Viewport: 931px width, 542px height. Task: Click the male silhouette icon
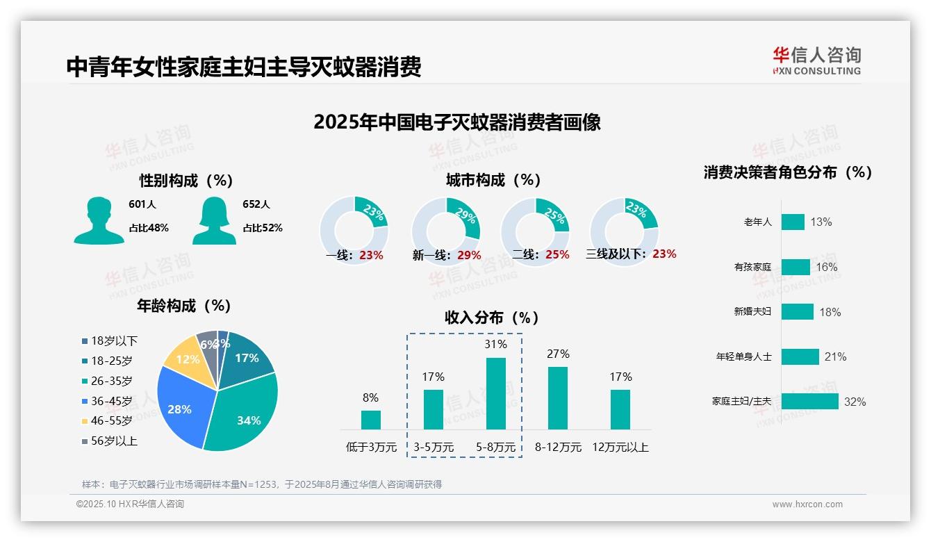[99, 221]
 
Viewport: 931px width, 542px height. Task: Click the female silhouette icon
[214, 221]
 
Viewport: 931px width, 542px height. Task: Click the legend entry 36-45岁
[111, 401]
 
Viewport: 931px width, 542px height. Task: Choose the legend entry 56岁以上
[114, 441]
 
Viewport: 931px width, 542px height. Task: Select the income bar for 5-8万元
[495, 393]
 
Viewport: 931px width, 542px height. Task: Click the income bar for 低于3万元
[371, 420]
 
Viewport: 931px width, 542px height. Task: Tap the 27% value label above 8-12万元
[557, 354]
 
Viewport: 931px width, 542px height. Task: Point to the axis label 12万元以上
[620, 447]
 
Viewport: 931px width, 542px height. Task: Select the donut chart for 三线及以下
[624, 227]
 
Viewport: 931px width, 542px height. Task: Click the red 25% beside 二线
[557, 255]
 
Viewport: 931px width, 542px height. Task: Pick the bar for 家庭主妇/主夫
[809, 402]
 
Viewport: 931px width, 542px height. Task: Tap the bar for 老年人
[793, 222]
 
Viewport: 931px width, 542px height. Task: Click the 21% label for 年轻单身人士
[835, 357]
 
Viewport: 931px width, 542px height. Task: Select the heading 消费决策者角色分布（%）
[787, 173]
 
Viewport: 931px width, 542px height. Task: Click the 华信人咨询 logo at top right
[816, 61]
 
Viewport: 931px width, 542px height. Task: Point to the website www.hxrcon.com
[807, 504]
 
